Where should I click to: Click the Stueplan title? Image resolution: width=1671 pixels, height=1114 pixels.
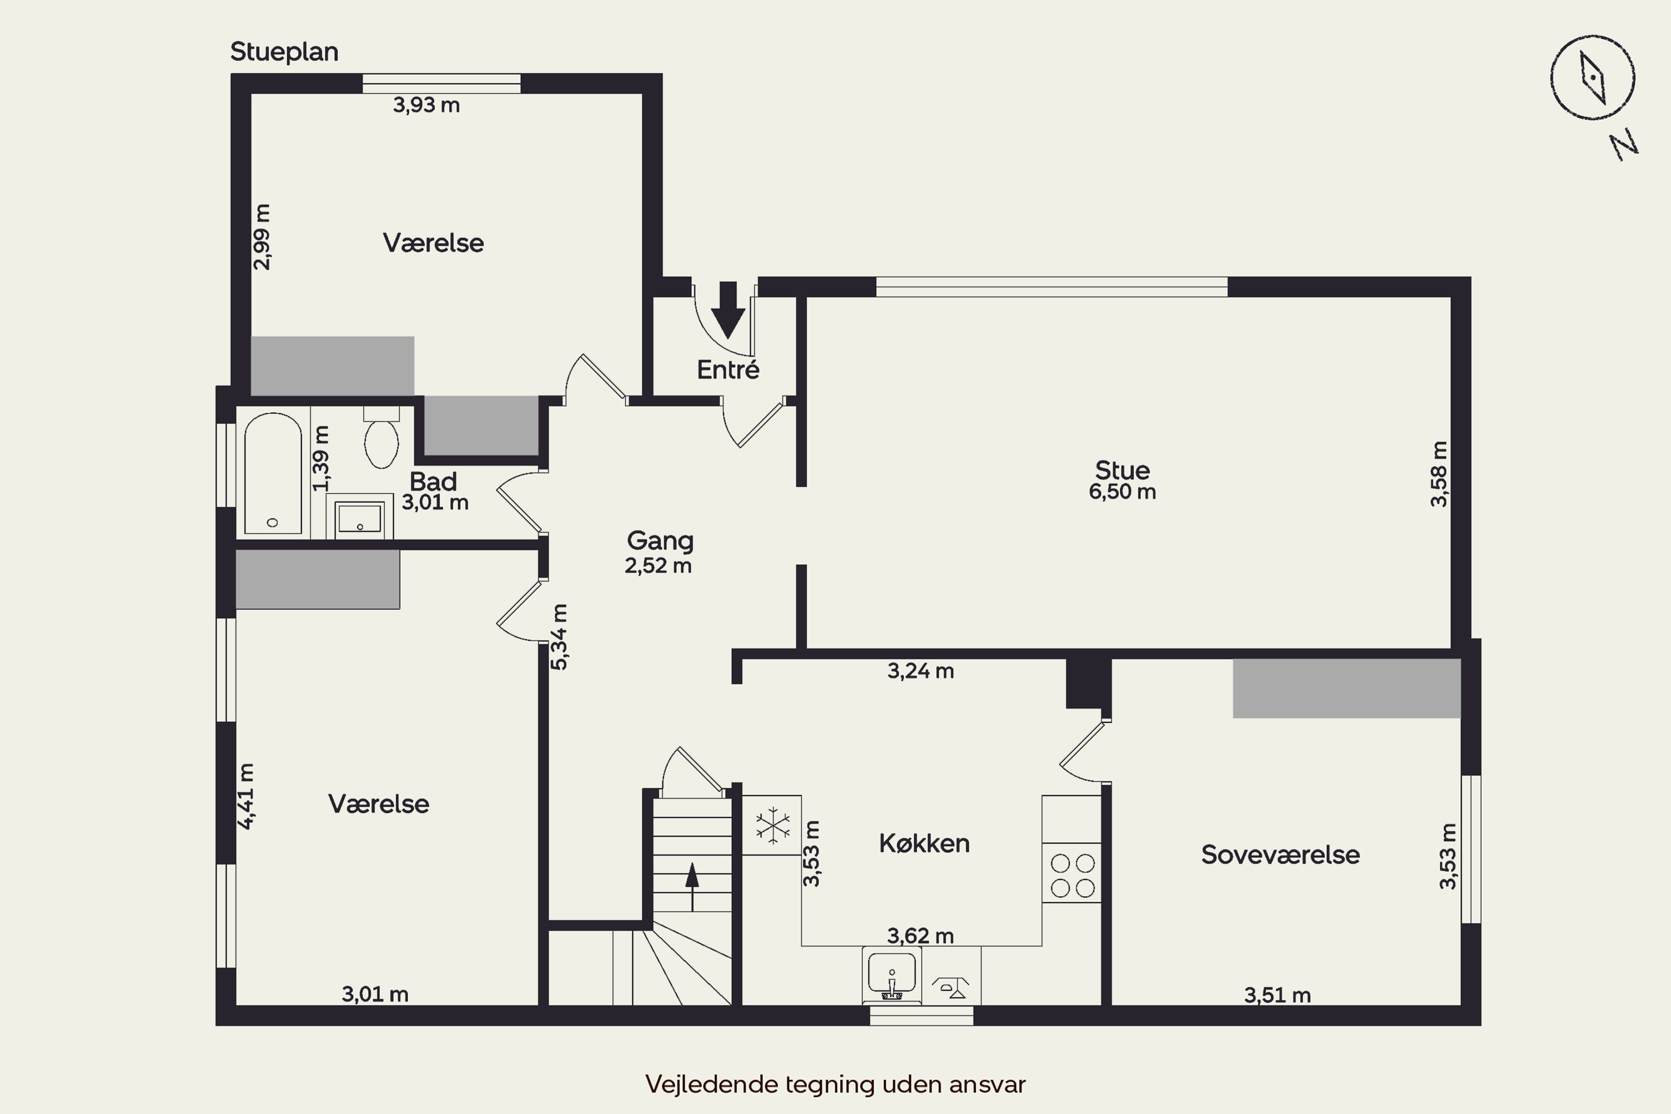[x=284, y=52]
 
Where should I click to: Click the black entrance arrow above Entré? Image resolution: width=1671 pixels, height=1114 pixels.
[x=728, y=310]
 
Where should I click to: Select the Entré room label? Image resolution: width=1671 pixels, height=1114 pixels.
[x=728, y=369]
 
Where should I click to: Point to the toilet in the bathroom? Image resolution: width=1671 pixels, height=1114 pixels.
[x=382, y=438]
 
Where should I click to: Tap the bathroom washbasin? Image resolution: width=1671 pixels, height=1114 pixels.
[x=359, y=518]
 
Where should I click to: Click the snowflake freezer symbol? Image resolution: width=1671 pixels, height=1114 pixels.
[x=772, y=825]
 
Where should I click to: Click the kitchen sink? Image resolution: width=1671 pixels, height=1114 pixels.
[x=892, y=975]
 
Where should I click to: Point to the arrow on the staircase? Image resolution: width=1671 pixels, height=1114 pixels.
[x=692, y=886]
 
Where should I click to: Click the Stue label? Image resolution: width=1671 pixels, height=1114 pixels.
[x=1122, y=470]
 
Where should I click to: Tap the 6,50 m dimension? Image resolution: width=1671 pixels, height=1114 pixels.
[x=1122, y=492]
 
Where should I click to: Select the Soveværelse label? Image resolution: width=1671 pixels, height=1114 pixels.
[x=1280, y=854]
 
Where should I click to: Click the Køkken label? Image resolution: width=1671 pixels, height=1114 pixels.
[x=924, y=843]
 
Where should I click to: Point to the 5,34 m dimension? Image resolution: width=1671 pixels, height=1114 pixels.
[x=560, y=637]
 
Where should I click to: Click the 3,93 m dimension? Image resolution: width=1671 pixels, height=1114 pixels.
[x=426, y=105]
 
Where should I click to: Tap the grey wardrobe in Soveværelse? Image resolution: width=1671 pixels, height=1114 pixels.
[x=1346, y=688]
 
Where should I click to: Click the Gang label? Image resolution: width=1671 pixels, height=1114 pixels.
[x=660, y=541]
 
